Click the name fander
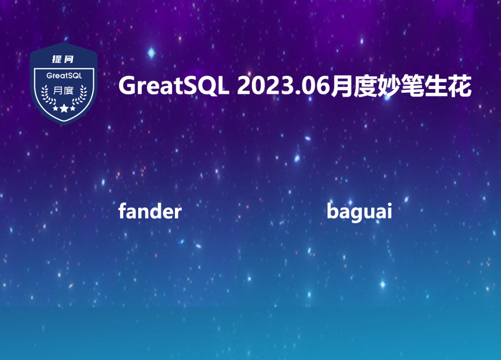point(150,211)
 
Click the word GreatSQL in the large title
point(174,86)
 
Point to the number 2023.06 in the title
point(283,86)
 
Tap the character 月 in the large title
point(341,86)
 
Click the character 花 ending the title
point(459,86)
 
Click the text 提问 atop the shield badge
point(63,59)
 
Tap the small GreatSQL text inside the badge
point(64,76)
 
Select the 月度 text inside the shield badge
point(63,91)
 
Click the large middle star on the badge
point(64,108)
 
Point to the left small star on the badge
point(55,109)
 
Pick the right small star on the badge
point(73,109)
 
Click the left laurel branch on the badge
point(47,95)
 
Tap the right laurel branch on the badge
point(81,95)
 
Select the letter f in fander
point(122,211)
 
